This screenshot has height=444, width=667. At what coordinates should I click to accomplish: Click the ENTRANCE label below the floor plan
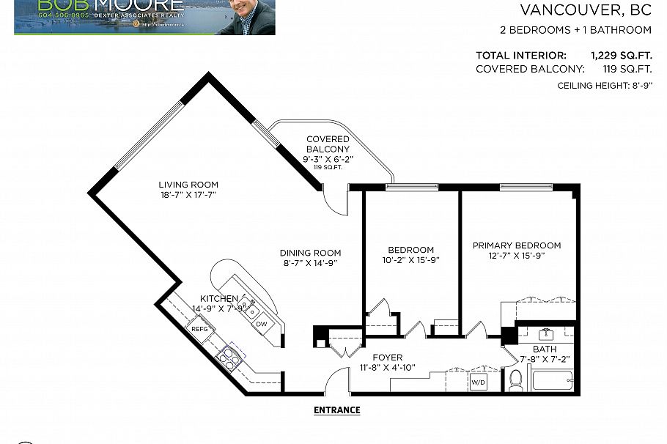[x=337, y=410]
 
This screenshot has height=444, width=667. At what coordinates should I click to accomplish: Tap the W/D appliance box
[x=478, y=382]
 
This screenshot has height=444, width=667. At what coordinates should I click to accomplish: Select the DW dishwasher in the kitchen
[x=261, y=325]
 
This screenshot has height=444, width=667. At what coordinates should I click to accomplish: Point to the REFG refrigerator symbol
[x=199, y=330]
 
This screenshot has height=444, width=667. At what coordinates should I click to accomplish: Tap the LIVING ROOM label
[x=188, y=185]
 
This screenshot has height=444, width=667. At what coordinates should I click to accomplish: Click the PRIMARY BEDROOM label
[x=516, y=245]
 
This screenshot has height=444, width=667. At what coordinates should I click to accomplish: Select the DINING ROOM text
[x=311, y=253]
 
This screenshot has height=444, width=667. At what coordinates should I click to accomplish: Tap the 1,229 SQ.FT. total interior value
[x=622, y=55]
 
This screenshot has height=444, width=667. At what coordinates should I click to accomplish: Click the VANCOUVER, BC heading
[x=585, y=10]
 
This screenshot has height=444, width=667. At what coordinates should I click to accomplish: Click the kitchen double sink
[x=248, y=306]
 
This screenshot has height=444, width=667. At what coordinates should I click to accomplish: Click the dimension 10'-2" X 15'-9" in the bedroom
[x=410, y=260]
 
